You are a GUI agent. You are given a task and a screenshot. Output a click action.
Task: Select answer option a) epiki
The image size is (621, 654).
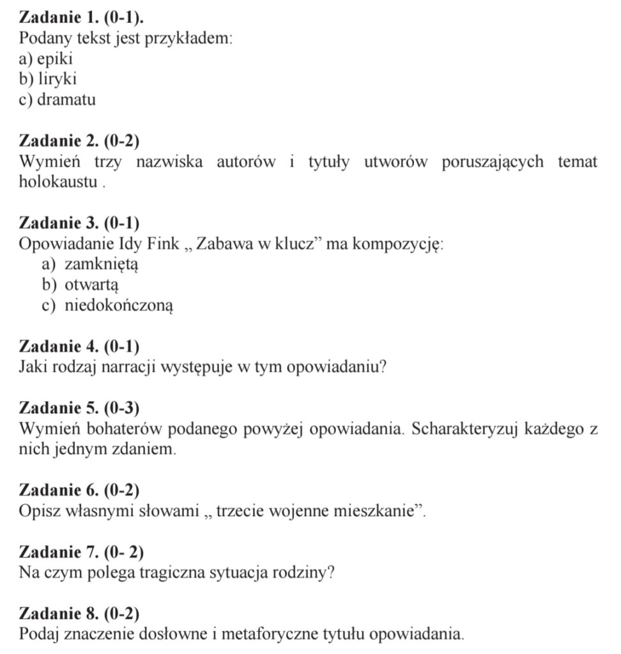point(46,59)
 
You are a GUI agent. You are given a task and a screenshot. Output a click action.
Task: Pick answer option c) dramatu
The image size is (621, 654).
point(57,100)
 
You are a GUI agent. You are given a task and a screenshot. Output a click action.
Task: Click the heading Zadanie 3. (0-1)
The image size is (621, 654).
point(79,223)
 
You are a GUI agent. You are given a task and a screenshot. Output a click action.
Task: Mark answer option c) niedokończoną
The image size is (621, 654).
point(107,306)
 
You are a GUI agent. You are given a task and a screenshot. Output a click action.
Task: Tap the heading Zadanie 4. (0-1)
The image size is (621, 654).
point(79,347)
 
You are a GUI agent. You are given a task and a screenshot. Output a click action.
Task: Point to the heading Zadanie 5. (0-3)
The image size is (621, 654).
point(79,408)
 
